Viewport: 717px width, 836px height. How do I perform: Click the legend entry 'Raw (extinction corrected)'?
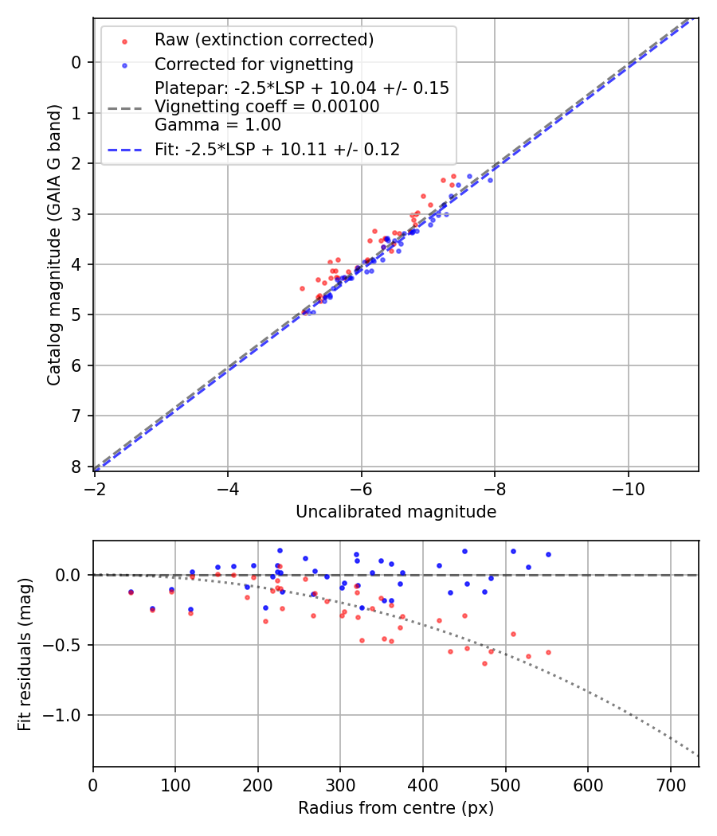click(x=264, y=40)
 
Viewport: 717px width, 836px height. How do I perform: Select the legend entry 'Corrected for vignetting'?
click(x=253, y=64)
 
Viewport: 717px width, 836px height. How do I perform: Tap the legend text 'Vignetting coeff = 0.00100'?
click(x=267, y=107)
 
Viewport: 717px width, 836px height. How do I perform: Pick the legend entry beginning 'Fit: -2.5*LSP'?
click(x=276, y=149)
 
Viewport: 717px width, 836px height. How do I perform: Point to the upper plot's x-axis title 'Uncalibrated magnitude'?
click(x=396, y=512)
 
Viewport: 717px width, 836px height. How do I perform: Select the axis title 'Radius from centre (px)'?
click(x=396, y=808)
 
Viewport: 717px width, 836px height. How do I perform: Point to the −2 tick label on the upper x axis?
click(x=95, y=486)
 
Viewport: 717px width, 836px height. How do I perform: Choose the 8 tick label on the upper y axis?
click(x=76, y=467)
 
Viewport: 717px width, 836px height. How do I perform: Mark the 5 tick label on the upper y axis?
click(x=76, y=315)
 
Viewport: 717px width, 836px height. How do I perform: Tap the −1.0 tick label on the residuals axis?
click(x=64, y=715)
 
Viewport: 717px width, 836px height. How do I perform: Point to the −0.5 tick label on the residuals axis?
click(x=64, y=645)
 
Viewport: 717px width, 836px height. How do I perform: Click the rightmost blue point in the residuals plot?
click(x=548, y=554)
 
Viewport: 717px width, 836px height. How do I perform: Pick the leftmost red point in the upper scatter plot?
click(x=302, y=288)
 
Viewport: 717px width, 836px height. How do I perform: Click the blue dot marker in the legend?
click(x=123, y=64)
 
